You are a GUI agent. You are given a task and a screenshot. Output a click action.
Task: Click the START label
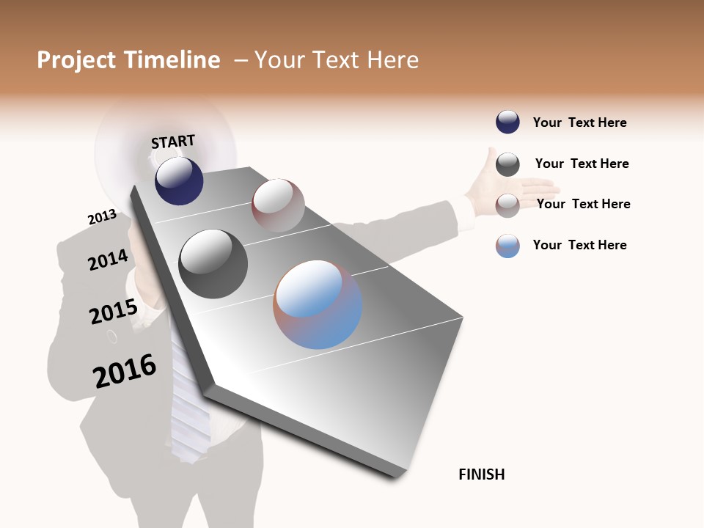[x=173, y=141]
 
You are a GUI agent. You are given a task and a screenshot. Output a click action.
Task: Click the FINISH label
[x=482, y=474]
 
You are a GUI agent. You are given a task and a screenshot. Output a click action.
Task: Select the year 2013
[x=102, y=217]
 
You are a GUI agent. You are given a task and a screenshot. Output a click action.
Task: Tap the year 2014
[x=108, y=260]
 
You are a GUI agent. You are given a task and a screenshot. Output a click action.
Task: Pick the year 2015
[x=114, y=312]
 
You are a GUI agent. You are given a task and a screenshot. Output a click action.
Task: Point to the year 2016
[x=125, y=371]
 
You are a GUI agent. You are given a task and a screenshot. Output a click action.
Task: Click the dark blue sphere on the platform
[x=179, y=180]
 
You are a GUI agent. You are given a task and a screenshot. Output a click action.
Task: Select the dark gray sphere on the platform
[x=213, y=264]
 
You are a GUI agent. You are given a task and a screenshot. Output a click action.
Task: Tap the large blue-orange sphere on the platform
[x=318, y=304]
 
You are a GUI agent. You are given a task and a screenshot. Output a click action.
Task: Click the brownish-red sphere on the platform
[x=278, y=205]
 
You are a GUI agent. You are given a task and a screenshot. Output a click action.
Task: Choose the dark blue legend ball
[x=507, y=122]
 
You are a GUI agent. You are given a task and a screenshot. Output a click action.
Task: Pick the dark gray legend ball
[x=507, y=164]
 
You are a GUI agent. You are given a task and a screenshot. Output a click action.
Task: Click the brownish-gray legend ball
[x=507, y=205]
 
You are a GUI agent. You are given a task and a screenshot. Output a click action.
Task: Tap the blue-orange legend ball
[x=507, y=246]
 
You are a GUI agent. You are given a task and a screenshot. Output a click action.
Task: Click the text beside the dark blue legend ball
[x=579, y=122]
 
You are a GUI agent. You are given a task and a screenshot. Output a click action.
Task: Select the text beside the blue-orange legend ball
[x=579, y=245]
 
